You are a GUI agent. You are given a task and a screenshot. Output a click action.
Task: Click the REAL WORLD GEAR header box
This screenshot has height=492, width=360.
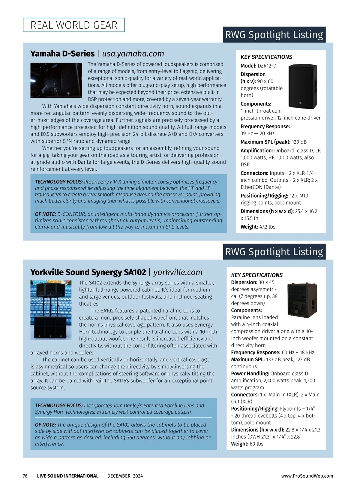(x=74, y=25)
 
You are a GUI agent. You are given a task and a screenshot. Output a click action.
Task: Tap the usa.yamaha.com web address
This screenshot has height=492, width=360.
(x=133, y=53)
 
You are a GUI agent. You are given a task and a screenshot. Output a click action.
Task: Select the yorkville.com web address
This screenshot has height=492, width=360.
(x=178, y=272)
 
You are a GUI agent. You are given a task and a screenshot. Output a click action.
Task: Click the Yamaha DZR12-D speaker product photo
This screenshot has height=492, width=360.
(x=302, y=86)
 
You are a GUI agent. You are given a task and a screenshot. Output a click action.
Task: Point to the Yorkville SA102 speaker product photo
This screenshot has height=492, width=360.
(x=302, y=300)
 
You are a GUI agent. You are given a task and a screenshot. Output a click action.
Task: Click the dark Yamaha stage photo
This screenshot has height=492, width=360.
(x=56, y=80)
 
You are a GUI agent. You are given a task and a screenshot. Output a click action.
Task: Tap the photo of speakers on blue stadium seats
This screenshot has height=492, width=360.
(x=51, y=310)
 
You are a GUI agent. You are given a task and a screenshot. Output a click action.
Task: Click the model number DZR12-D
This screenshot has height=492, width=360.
(x=267, y=65)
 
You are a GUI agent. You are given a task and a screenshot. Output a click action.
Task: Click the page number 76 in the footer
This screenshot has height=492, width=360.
(x=25, y=476)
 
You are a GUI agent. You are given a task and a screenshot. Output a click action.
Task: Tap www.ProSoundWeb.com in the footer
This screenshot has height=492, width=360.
(x=307, y=476)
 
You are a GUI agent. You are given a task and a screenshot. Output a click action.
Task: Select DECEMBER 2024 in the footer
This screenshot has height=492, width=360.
(x=125, y=476)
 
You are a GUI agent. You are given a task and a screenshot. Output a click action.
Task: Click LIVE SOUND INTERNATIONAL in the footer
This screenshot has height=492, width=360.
(x=68, y=476)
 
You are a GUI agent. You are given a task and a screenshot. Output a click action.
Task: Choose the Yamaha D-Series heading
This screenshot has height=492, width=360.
(x=62, y=53)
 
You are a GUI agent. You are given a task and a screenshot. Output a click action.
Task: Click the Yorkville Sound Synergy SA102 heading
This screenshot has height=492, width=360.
(x=88, y=272)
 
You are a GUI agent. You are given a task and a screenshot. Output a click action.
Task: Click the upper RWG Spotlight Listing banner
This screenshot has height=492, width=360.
(x=274, y=35)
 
